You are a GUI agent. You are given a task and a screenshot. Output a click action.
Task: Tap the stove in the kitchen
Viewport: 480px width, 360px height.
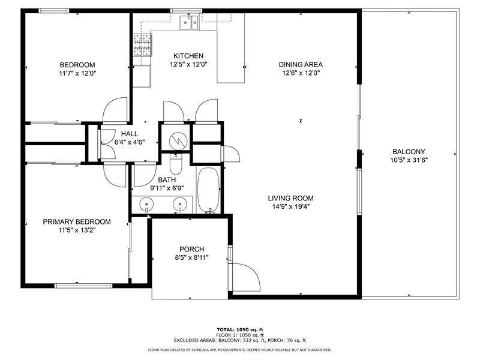[x=142, y=44]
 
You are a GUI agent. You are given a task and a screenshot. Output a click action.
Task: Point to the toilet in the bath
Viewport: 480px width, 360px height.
[x=176, y=163]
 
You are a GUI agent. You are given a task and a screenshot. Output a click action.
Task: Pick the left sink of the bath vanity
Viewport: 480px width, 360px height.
[x=147, y=205]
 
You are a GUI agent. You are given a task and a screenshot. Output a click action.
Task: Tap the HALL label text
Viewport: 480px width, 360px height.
[x=130, y=134]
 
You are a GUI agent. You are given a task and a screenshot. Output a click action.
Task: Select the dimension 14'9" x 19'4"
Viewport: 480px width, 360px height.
[x=291, y=206]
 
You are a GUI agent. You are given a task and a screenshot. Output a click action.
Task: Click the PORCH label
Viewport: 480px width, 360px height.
[x=191, y=249]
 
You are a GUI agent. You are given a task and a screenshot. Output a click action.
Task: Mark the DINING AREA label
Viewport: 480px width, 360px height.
[x=301, y=65]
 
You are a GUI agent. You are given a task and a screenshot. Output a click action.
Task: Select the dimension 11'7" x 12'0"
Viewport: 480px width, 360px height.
[x=77, y=73]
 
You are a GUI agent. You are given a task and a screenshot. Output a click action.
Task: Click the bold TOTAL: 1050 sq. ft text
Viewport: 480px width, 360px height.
[x=240, y=329]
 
